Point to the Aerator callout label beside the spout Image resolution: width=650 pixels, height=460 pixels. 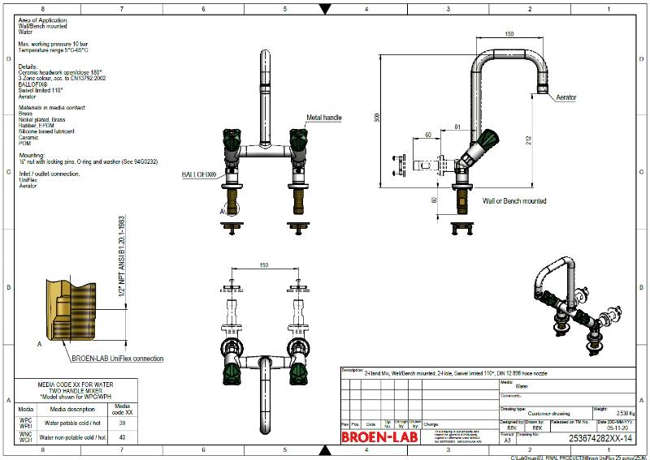pos(566,97)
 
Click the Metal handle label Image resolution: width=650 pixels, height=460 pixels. pos(323,118)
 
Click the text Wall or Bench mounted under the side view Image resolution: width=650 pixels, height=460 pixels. pos(514,201)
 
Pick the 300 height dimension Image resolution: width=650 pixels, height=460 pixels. pos(377,117)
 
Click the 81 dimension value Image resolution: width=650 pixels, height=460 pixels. pos(457,127)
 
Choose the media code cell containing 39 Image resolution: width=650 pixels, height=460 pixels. pos(122,423)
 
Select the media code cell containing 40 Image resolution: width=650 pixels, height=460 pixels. pos(122,436)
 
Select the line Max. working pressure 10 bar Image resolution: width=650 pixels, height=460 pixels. pos(53,43)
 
